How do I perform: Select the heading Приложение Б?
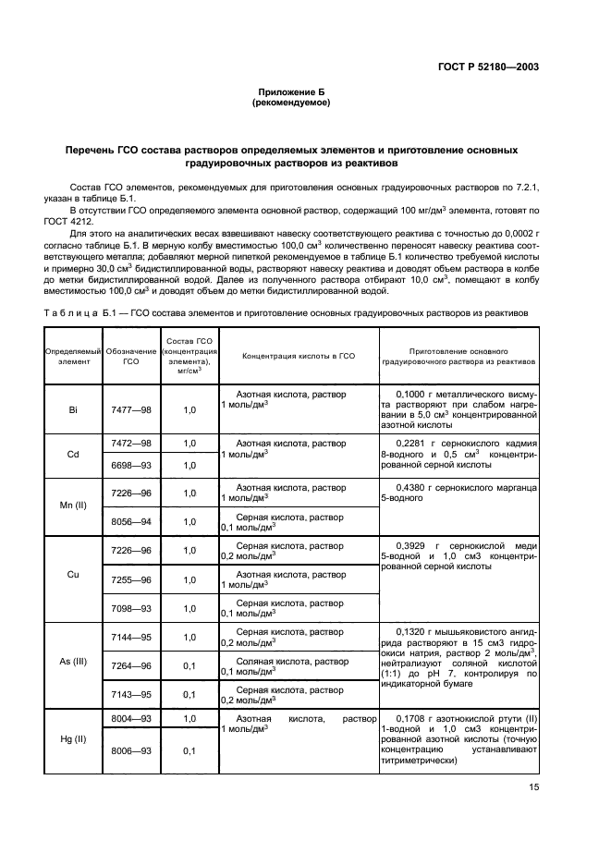(x=291, y=92)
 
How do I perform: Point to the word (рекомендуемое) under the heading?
(x=291, y=104)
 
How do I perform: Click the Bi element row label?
(x=72, y=408)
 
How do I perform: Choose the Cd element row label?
(x=72, y=454)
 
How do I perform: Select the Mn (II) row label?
(x=72, y=506)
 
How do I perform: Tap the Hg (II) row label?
(x=72, y=740)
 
